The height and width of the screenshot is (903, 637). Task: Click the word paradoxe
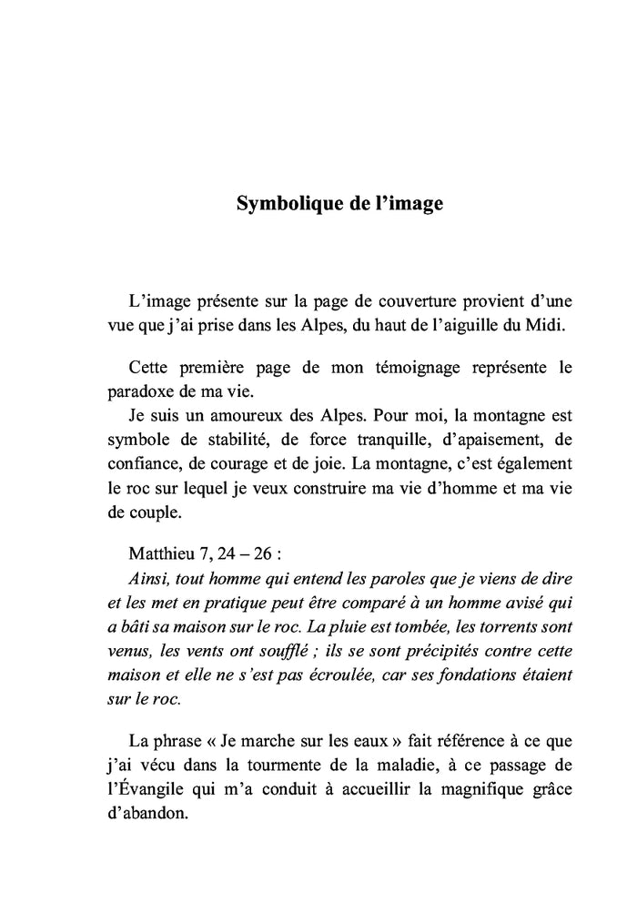tap(149, 392)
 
